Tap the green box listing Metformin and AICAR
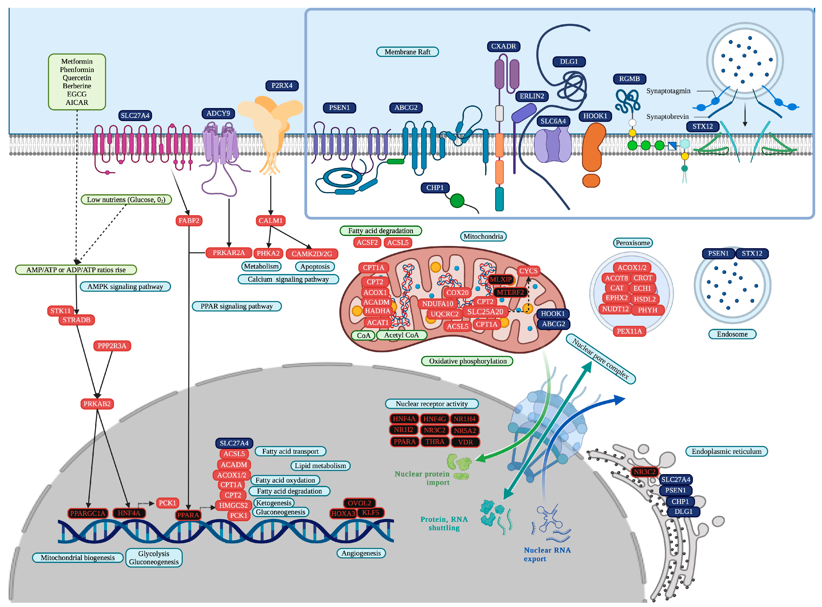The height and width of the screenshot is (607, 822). pos(77,82)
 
